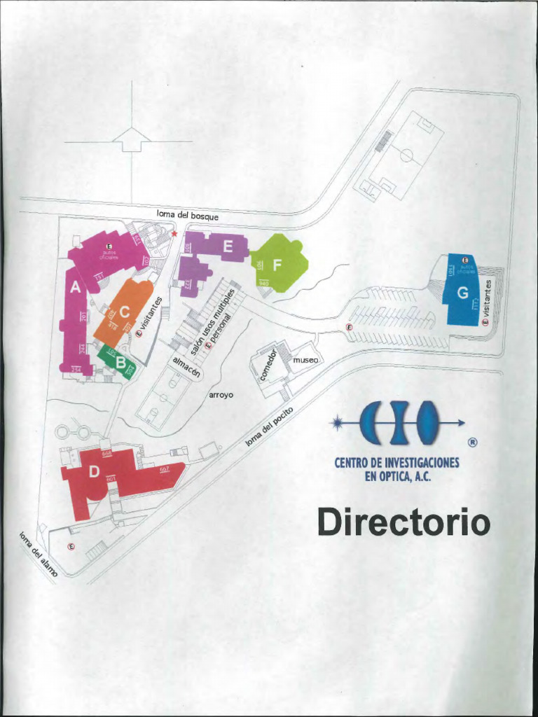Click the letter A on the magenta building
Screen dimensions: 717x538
coord(76,286)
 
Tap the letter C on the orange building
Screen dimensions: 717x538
coord(125,312)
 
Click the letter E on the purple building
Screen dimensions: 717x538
coord(227,246)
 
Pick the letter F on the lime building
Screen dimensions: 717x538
coord(277,265)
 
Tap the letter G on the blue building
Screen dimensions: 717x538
coord(462,293)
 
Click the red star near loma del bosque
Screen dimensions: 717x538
coord(174,234)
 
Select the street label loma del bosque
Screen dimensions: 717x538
coord(187,216)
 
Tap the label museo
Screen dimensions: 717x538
coord(305,359)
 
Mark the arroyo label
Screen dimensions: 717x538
coord(221,395)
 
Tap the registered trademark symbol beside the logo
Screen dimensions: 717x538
coord(472,443)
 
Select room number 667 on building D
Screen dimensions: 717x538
coord(164,469)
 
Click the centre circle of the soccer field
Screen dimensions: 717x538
coord(406,155)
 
